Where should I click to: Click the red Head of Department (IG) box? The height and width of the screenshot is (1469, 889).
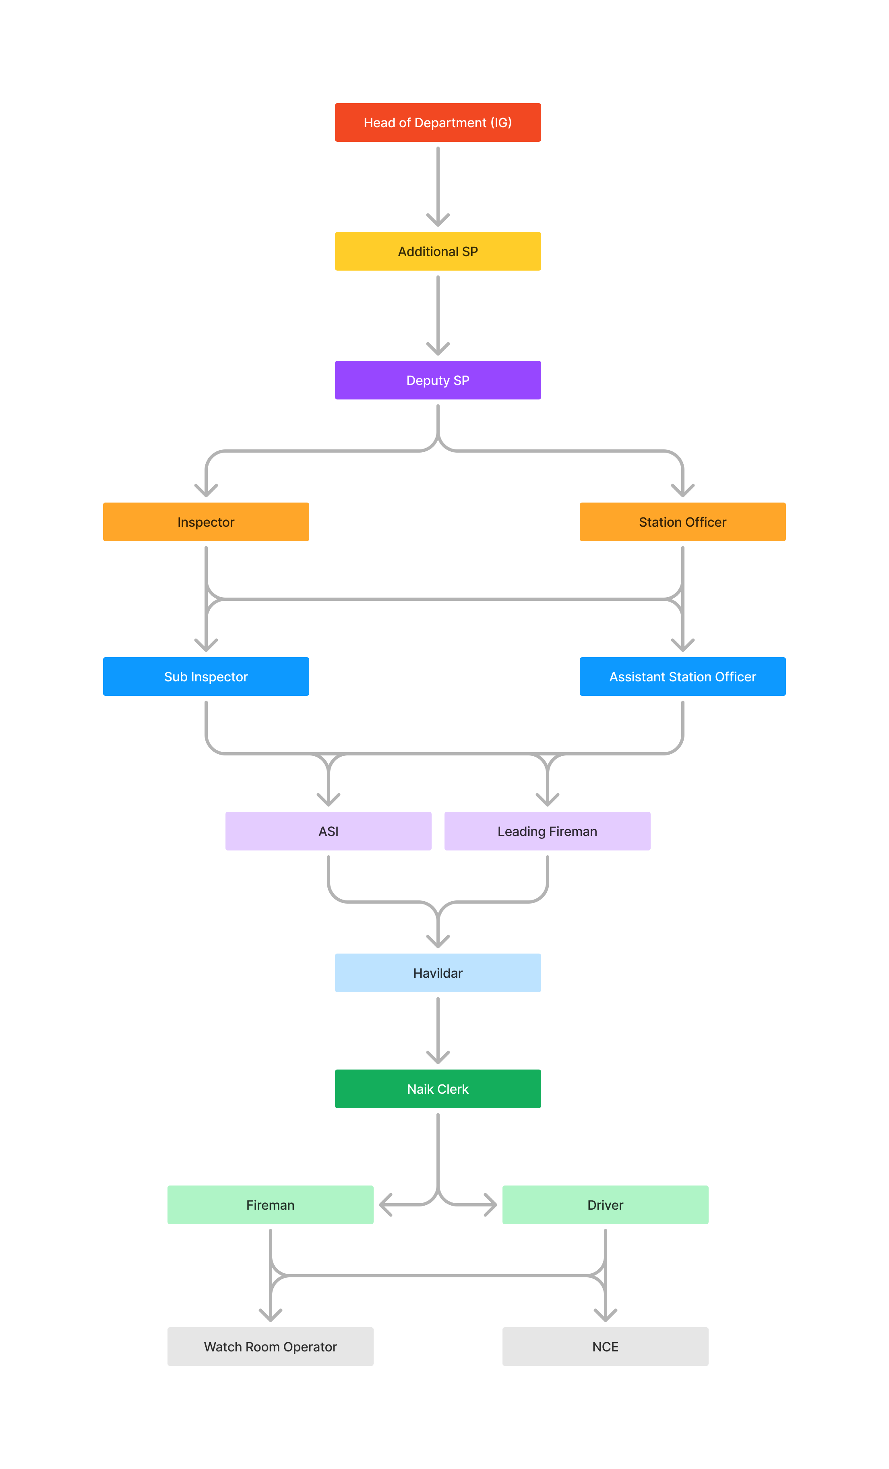(438, 122)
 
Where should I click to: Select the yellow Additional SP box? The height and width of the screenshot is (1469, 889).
(438, 251)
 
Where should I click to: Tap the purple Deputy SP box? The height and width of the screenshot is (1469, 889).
(438, 380)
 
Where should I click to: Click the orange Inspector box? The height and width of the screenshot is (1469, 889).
(206, 521)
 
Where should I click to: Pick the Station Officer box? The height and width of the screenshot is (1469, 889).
(682, 521)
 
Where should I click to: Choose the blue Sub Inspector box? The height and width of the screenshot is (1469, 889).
(206, 676)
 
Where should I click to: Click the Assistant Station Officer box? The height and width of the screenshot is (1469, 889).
(682, 676)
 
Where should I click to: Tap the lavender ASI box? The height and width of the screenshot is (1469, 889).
(328, 830)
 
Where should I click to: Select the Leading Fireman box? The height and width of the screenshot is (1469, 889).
(547, 830)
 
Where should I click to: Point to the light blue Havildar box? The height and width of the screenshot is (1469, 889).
(438, 972)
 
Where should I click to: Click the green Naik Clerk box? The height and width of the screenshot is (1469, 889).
(438, 1088)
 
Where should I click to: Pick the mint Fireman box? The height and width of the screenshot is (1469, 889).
(270, 1204)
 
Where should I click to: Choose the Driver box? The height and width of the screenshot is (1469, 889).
(605, 1204)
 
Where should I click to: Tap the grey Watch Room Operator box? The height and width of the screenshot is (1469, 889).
(270, 1346)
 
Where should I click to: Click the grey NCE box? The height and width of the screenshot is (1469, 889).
(605, 1346)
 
